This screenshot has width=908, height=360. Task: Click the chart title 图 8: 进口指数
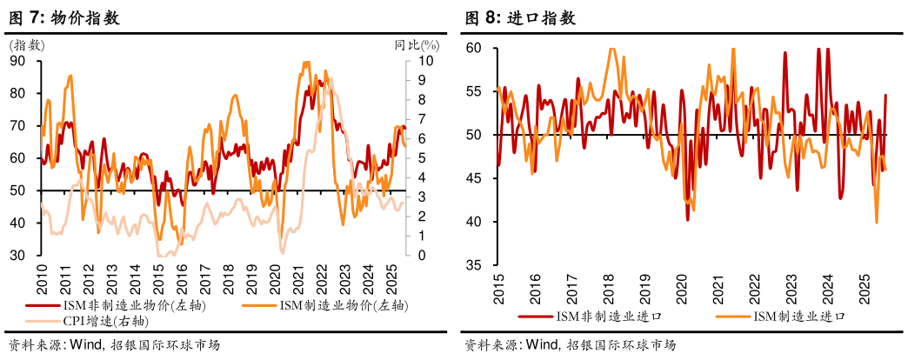[x=519, y=17]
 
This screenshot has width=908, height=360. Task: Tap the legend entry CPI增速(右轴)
[x=101, y=321]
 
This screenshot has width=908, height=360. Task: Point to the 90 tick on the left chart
[x=17, y=61]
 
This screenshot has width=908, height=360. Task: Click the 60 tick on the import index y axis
[x=473, y=49]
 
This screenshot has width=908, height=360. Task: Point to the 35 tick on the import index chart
[x=473, y=265]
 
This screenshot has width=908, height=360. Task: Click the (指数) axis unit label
[x=26, y=44]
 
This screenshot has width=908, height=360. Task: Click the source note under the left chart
[x=113, y=345]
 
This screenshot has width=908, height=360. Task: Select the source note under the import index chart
[x=569, y=345]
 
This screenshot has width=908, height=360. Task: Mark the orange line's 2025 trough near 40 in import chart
[x=876, y=223]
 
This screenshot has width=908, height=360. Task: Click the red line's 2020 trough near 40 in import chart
[x=688, y=219]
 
